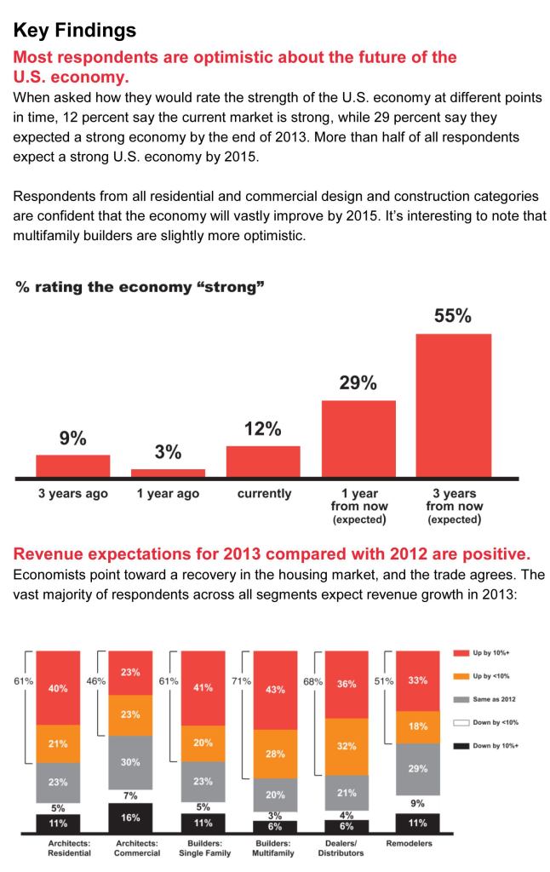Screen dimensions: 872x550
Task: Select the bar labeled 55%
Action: tap(454, 404)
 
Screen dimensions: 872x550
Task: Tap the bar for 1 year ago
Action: tap(168, 472)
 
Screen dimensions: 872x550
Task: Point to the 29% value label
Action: tap(358, 383)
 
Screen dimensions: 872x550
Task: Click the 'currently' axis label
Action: tap(264, 494)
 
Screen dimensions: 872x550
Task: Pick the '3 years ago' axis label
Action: tap(72, 494)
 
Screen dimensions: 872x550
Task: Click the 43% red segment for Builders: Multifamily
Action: tap(275, 690)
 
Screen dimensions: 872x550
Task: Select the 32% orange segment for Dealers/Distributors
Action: tap(347, 748)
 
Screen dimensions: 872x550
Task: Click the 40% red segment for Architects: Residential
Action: tap(58, 687)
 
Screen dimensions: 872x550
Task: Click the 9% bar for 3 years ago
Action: tap(72, 465)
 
